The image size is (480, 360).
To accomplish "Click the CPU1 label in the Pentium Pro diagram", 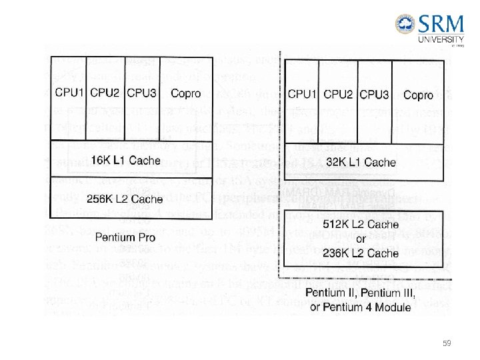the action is pyautogui.click(x=70, y=93).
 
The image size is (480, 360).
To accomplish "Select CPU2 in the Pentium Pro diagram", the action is pyautogui.click(x=105, y=93).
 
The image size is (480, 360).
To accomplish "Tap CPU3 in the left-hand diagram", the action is pyautogui.click(x=141, y=93).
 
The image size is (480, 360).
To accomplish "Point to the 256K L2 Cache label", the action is pyautogui.click(x=125, y=199).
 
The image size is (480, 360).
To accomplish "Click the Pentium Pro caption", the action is pyautogui.click(x=125, y=237).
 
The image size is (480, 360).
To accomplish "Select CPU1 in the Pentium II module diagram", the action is pyautogui.click(x=303, y=95).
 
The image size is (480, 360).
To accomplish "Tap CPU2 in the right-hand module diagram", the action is pyautogui.click(x=338, y=95).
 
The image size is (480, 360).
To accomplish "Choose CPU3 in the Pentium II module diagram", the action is pyautogui.click(x=374, y=95).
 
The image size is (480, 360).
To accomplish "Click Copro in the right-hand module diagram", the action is pyautogui.click(x=418, y=95).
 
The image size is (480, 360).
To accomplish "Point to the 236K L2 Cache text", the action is pyautogui.click(x=364, y=253).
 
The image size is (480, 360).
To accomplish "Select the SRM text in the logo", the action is pyautogui.click(x=441, y=26).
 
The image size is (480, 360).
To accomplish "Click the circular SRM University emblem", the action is pyautogui.click(x=405, y=25).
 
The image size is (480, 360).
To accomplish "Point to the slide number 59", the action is pyautogui.click(x=447, y=343).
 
